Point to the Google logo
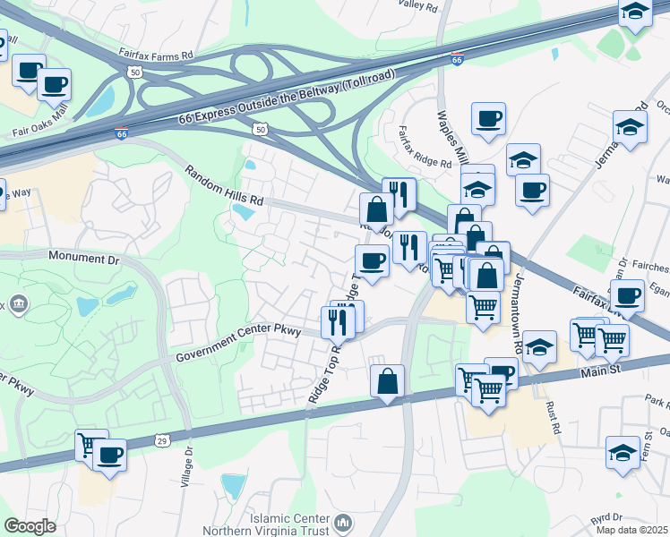(30, 526)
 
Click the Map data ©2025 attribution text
(631, 530)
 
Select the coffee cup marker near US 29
(109, 454)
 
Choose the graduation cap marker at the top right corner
(635, 11)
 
